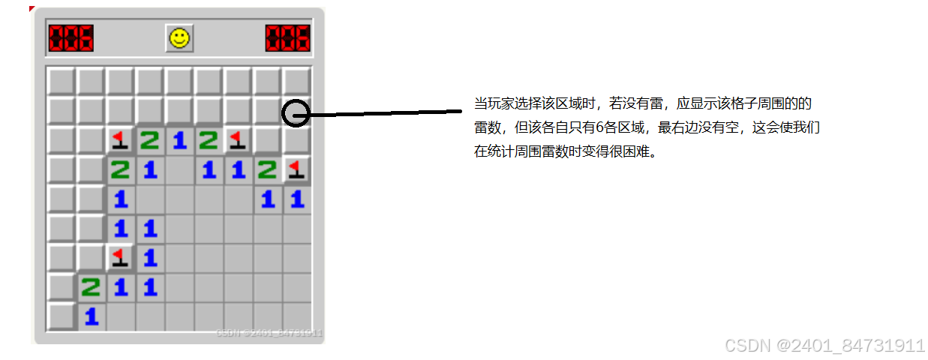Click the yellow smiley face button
179,38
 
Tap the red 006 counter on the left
71,38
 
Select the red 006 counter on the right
287,38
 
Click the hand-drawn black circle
297,112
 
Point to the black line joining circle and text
383,114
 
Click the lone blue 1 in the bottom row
91,316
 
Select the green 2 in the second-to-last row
91,287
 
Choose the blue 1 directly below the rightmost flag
297,199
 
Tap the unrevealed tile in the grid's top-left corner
61,81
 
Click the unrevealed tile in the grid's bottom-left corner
61,316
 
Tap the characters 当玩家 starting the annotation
491,103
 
